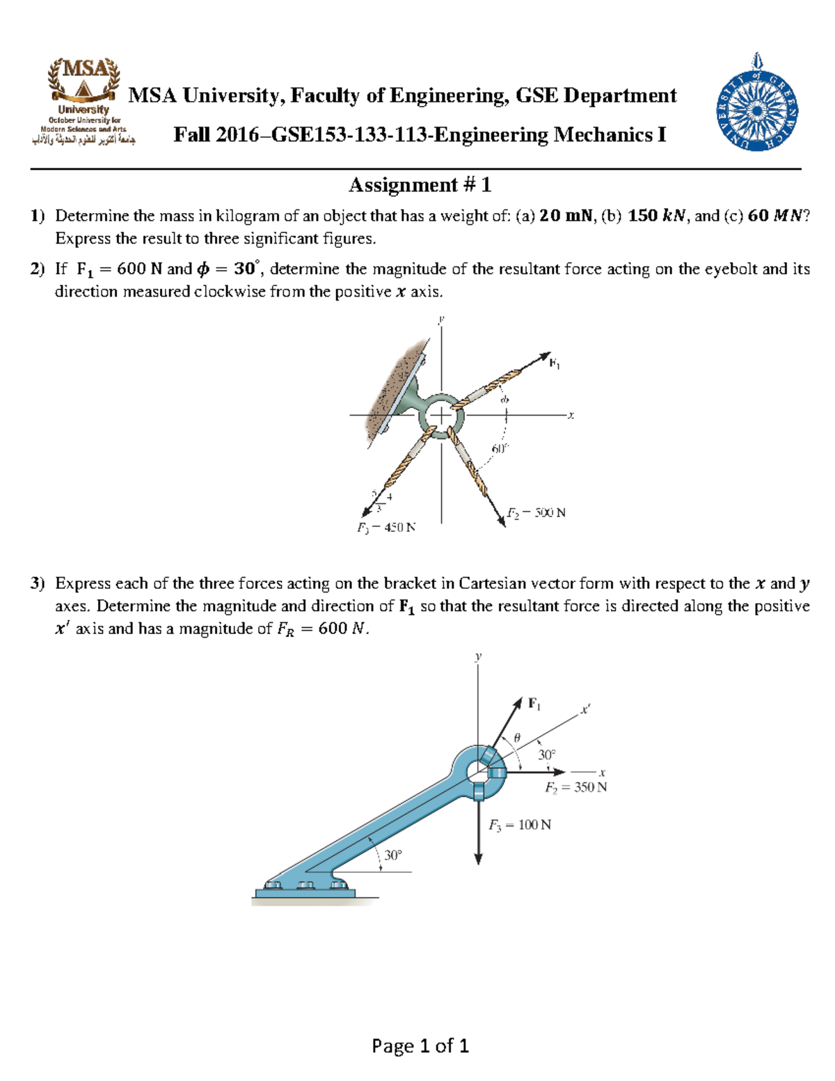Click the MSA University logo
coord(83,102)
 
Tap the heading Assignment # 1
coord(420,185)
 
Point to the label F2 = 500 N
coord(536,513)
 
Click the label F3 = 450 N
coord(386,528)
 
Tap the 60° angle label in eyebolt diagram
coord(500,449)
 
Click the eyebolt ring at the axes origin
coord(441,416)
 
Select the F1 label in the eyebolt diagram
coord(555,363)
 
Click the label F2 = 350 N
coord(575,787)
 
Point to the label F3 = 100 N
coord(519,825)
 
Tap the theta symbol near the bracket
coord(516,737)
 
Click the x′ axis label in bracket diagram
coord(585,710)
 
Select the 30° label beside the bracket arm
coord(393,855)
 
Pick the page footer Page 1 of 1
coord(420,1046)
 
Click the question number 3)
coord(38,583)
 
